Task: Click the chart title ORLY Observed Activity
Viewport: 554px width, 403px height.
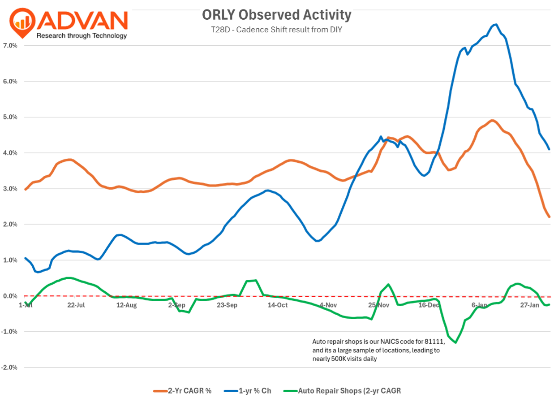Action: pos(276,15)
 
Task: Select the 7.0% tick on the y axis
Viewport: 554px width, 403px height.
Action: pos(10,46)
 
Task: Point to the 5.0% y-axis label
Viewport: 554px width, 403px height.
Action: pos(10,117)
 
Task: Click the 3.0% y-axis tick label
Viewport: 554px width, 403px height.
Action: pos(10,189)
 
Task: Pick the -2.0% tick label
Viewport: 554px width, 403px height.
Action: pos(9,368)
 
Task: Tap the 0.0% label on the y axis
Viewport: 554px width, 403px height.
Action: pos(10,296)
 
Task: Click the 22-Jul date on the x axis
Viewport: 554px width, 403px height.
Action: pos(76,305)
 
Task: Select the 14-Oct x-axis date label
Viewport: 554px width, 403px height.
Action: pos(278,305)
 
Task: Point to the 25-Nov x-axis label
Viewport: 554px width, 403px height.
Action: pos(378,305)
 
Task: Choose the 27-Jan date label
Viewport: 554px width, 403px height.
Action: pos(530,305)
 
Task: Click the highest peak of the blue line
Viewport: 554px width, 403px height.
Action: pos(496,25)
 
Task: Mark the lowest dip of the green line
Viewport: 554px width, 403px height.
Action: pos(455,342)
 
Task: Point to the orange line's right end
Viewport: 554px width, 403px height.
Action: pos(549,217)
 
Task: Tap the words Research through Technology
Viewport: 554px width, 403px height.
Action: pos(82,36)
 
